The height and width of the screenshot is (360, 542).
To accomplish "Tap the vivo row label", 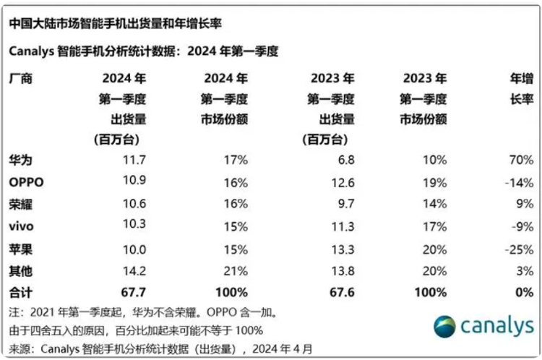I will coord(21,226).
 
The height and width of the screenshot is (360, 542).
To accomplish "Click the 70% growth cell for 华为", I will coord(519,159).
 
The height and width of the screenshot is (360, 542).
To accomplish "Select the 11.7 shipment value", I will coord(135,159).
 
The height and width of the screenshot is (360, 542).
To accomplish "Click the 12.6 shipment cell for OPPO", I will coord(342,181).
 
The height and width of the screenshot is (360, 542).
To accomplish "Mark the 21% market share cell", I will coord(236,272).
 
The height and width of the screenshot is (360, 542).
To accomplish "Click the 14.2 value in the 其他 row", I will coord(135,272).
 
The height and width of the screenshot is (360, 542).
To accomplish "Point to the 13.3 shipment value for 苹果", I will coord(342,249).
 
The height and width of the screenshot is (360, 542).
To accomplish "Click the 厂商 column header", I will coord(21,79).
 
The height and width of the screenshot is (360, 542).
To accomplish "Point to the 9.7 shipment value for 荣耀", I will coord(345,204).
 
